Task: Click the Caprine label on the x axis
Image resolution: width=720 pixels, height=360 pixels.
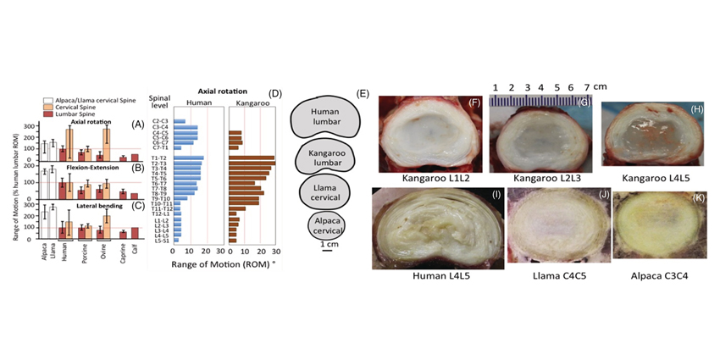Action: pyautogui.click(x=123, y=253)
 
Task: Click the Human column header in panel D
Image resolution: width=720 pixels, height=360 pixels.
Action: pyautogui.click(x=198, y=104)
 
